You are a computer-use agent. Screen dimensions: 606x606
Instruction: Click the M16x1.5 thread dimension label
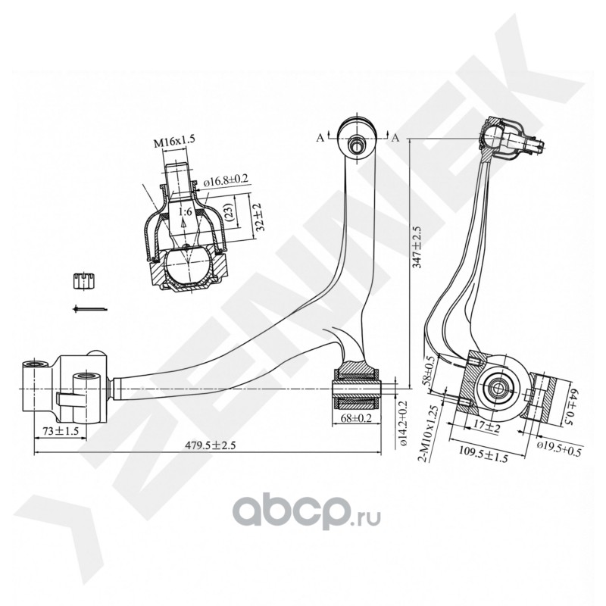point(175,141)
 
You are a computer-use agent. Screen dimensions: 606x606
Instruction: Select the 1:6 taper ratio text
point(185,214)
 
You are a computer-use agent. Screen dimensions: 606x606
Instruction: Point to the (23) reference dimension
point(229,214)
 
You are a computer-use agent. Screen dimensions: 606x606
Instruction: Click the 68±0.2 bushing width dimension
point(358,417)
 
